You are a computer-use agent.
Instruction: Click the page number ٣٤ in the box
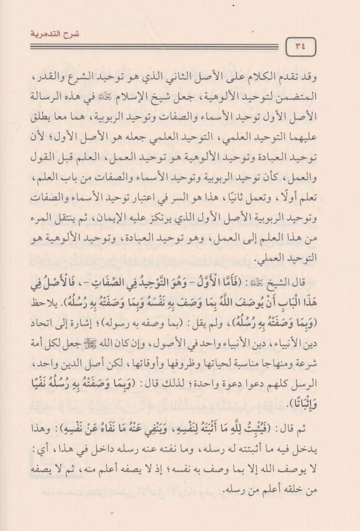300,47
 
